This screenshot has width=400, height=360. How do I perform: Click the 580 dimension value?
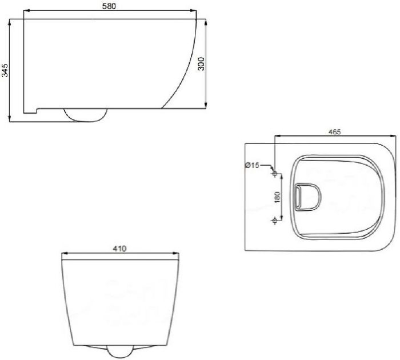[109, 6]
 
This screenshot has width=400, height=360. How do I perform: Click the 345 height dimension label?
[5, 70]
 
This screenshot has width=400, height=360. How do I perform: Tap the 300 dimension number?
[201, 64]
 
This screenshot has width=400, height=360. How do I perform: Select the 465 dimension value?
[334, 132]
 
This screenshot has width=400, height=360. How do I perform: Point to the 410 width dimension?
[120, 249]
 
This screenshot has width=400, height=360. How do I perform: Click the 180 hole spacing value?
[277, 197]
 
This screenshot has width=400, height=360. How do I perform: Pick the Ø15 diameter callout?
[252, 165]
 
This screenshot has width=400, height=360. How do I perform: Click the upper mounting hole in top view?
[275, 174]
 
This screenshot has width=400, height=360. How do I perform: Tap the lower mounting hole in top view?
[275, 220]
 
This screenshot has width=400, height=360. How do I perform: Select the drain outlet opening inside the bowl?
[307, 197]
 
